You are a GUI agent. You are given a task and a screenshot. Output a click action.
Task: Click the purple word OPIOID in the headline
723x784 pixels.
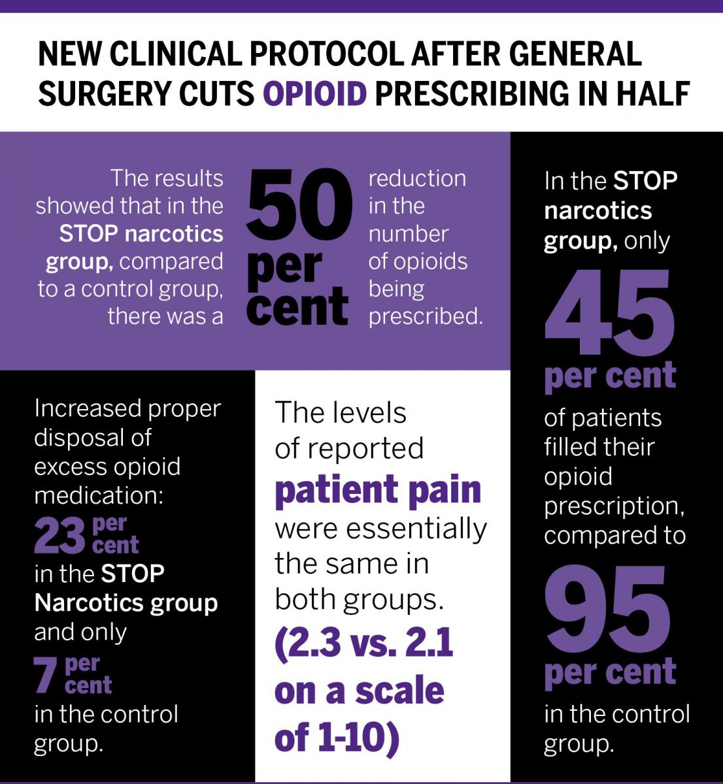(314, 93)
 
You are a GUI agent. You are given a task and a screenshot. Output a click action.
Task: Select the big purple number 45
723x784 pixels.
(609, 312)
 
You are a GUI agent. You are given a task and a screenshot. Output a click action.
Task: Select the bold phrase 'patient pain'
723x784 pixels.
(378, 490)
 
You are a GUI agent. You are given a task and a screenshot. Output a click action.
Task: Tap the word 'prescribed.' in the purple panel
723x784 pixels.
(426, 316)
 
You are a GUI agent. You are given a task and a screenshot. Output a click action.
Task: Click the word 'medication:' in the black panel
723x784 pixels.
(98, 495)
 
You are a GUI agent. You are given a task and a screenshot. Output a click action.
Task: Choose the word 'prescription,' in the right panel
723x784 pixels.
(614, 506)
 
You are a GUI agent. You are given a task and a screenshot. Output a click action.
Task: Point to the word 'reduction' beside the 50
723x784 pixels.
(417, 178)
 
